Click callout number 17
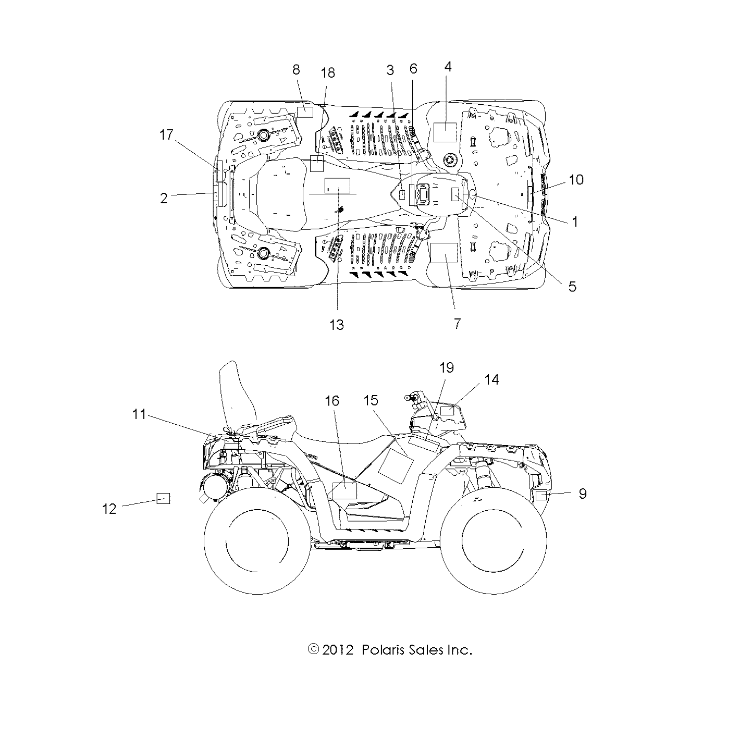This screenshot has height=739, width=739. click(166, 135)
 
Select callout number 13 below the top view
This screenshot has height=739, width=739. click(337, 325)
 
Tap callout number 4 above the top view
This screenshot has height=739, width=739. click(448, 67)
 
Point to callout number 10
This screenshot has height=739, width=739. click(576, 180)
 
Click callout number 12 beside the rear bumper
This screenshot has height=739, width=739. click(109, 509)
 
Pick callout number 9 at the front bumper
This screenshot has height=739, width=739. click(583, 493)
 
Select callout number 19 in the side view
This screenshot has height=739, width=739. click(447, 368)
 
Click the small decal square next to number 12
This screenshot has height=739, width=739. click(164, 499)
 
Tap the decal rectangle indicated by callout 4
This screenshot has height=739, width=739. click(445, 133)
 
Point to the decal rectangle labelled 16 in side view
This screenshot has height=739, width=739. click(344, 490)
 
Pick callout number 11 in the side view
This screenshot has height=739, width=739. click(139, 415)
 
